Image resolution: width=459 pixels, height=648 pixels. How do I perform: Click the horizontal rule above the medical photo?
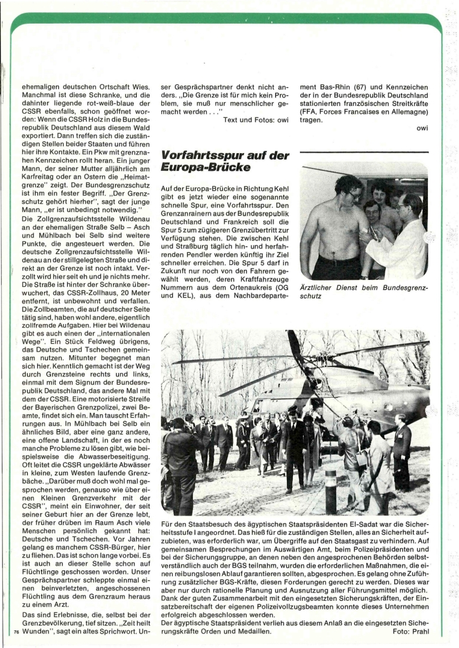(x=364, y=152)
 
